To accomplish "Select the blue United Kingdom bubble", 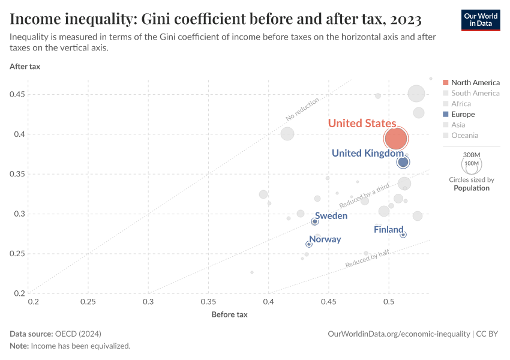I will [403, 162].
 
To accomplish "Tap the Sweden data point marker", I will [315, 221].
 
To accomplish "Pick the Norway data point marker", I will [309, 244].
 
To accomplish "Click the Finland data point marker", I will [403, 235].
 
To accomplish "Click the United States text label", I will [362, 124].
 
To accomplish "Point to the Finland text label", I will [388, 230].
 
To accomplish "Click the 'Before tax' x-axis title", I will [229, 314].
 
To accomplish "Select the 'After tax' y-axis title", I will [25, 67].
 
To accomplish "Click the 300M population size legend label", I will [472, 155].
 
